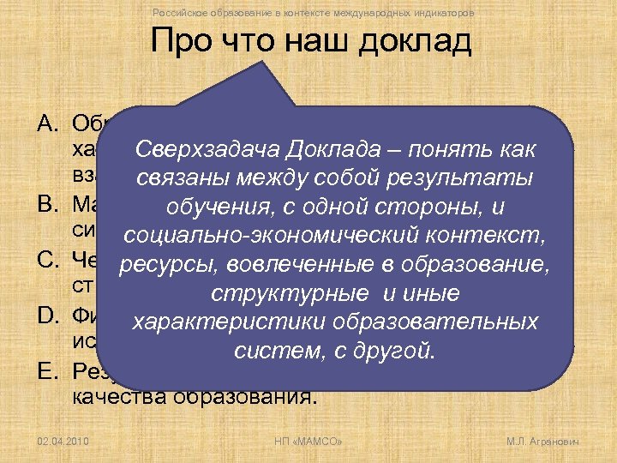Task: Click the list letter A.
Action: (x=48, y=122)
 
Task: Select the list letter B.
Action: (x=48, y=207)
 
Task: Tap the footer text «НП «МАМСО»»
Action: (x=307, y=442)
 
